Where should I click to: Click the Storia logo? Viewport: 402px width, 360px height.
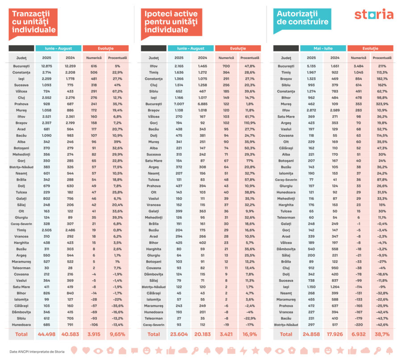tap(374, 15)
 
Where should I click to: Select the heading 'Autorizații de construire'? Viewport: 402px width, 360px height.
tap(302, 18)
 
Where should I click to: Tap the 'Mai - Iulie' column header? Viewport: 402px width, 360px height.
tap(323, 48)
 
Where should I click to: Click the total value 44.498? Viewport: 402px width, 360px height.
tap(46, 334)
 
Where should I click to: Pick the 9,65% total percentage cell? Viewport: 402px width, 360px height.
tap(117, 334)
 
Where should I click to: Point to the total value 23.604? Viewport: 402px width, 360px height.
tap(179, 334)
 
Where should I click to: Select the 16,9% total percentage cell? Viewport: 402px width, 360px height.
tap(250, 334)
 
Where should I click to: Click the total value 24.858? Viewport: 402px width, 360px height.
tap(311, 334)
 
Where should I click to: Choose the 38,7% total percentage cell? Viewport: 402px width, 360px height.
tap(382, 334)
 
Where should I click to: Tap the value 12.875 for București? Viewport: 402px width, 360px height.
tap(47, 66)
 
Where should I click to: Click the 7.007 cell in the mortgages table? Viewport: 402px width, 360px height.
tap(179, 103)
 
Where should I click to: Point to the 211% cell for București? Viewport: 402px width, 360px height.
tap(382, 66)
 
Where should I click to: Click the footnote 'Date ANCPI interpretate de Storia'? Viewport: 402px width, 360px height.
tap(37, 352)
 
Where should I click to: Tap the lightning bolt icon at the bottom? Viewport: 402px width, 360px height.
tap(243, 351)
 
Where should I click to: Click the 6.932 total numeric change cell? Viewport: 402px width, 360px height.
tap(358, 334)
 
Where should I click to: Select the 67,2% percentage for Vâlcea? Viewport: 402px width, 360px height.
tap(118, 91)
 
